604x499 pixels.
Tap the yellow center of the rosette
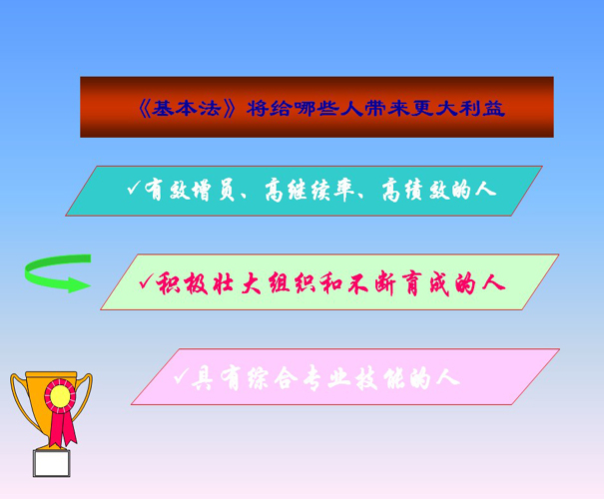pyautogui.click(x=61, y=396)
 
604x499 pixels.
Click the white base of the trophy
pyautogui.click(x=52, y=463)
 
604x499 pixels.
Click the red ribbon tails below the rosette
pyautogui.click(x=63, y=428)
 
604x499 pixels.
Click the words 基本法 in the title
pyautogui.click(x=186, y=109)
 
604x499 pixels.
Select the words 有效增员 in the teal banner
pyautogui.click(x=190, y=190)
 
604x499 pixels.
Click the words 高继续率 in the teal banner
pyautogui.click(x=309, y=190)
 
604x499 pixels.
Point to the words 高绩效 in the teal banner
pyautogui.click(x=415, y=190)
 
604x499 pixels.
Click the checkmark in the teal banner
pyautogui.click(x=134, y=188)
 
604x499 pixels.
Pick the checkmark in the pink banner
pyautogui.click(x=181, y=376)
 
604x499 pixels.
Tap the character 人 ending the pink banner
pyautogui.click(x=448, y=377)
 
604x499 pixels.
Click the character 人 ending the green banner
pyautogui.click(x=493, y=283)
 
